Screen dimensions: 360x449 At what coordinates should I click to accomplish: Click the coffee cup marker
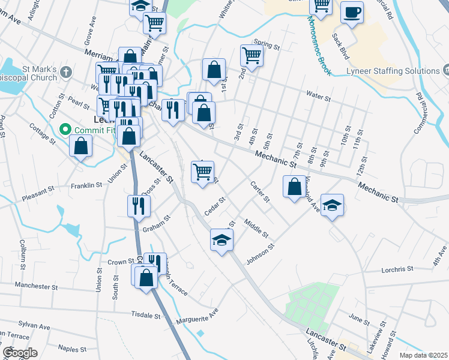[352, 12]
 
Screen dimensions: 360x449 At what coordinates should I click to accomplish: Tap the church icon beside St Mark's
[66, 72]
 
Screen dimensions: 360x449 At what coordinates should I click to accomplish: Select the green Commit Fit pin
[65, 129]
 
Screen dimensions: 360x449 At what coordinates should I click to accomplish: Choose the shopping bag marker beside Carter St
[294, 187]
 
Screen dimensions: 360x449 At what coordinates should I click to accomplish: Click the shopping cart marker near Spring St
[252, 56]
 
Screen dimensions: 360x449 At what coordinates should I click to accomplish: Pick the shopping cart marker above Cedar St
[202, 172]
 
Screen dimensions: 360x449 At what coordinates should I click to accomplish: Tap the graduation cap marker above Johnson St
[221, 240]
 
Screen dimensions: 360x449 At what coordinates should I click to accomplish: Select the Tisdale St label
[146, 314]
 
